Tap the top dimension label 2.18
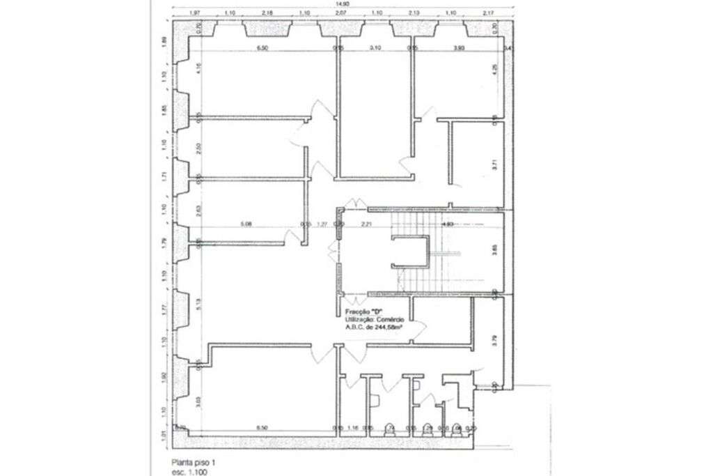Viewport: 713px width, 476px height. click(267, 13)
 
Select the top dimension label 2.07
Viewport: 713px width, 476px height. click(340, 13)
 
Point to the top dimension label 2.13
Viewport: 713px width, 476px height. click(414, 13)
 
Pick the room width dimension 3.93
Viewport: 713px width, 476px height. click(459, 48)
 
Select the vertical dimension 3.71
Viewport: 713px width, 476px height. click(494, 166)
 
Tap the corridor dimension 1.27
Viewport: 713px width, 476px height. click(322, 224)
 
